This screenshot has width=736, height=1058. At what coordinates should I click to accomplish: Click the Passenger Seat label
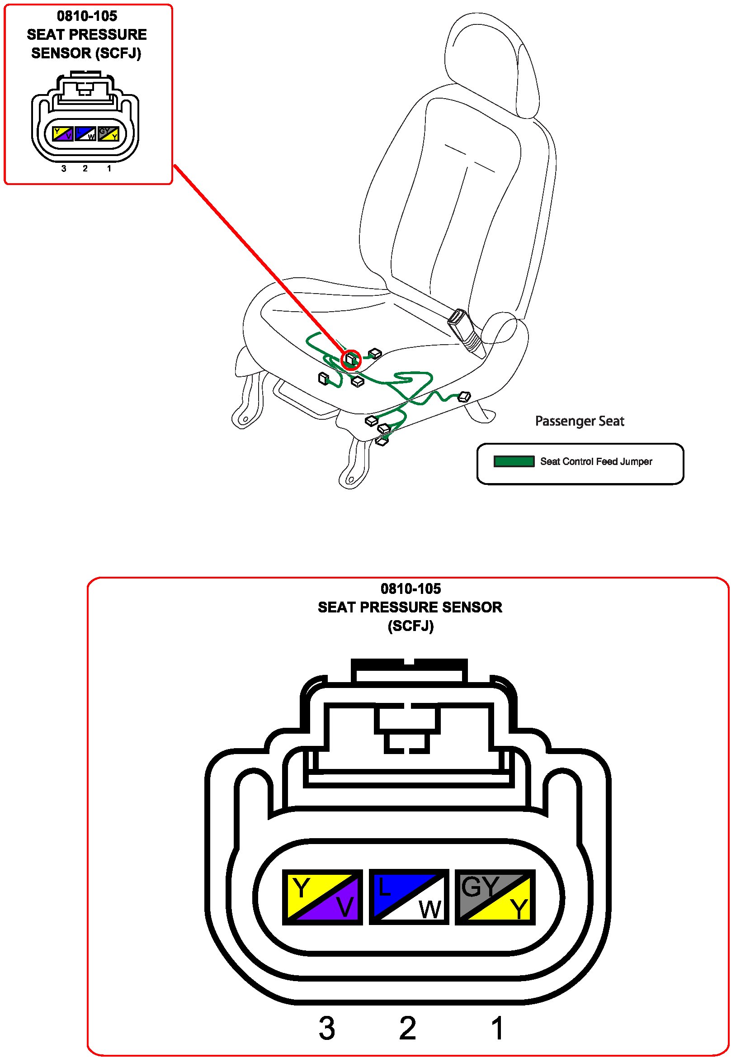(x=579, y=421)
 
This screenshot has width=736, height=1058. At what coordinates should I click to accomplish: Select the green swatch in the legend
(x=513, y=461)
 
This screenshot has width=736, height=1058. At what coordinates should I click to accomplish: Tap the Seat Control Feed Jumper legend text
(x=595, y=461)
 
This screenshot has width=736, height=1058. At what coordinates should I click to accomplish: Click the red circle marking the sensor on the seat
(x=351, y=359)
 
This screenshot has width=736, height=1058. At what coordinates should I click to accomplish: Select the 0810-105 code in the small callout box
(x=87, y=16)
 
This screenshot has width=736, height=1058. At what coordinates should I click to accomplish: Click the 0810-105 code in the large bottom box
(x=410, y=588)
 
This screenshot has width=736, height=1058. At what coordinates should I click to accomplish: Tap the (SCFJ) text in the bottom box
(x=410, y=626)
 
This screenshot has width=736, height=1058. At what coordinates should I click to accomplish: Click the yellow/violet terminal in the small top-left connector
(x=62, y=133)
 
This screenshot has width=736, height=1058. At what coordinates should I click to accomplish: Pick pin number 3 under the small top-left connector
(x=64, y=169)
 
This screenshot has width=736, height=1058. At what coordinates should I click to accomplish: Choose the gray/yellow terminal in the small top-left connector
(x=109, y=133)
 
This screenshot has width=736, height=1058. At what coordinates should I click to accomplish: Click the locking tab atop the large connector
(x=409, y=670)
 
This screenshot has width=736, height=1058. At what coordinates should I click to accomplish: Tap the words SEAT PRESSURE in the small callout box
(x=87, y=34)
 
